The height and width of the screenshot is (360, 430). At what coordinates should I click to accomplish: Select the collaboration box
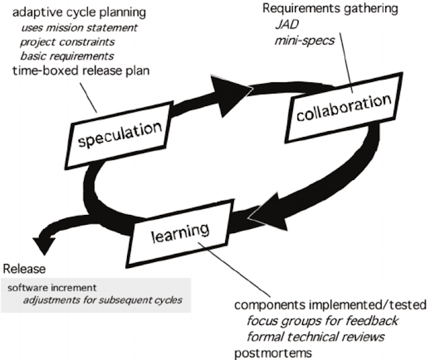[343, 107]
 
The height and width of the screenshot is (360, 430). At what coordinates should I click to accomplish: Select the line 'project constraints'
[66, 42]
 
